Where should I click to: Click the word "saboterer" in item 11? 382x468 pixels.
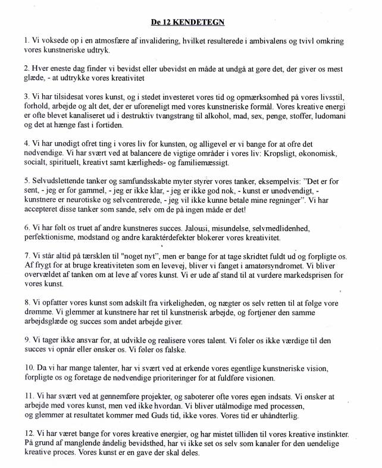click(x=208, y=396)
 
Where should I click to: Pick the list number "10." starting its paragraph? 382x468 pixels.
click(x=30, y=368)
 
